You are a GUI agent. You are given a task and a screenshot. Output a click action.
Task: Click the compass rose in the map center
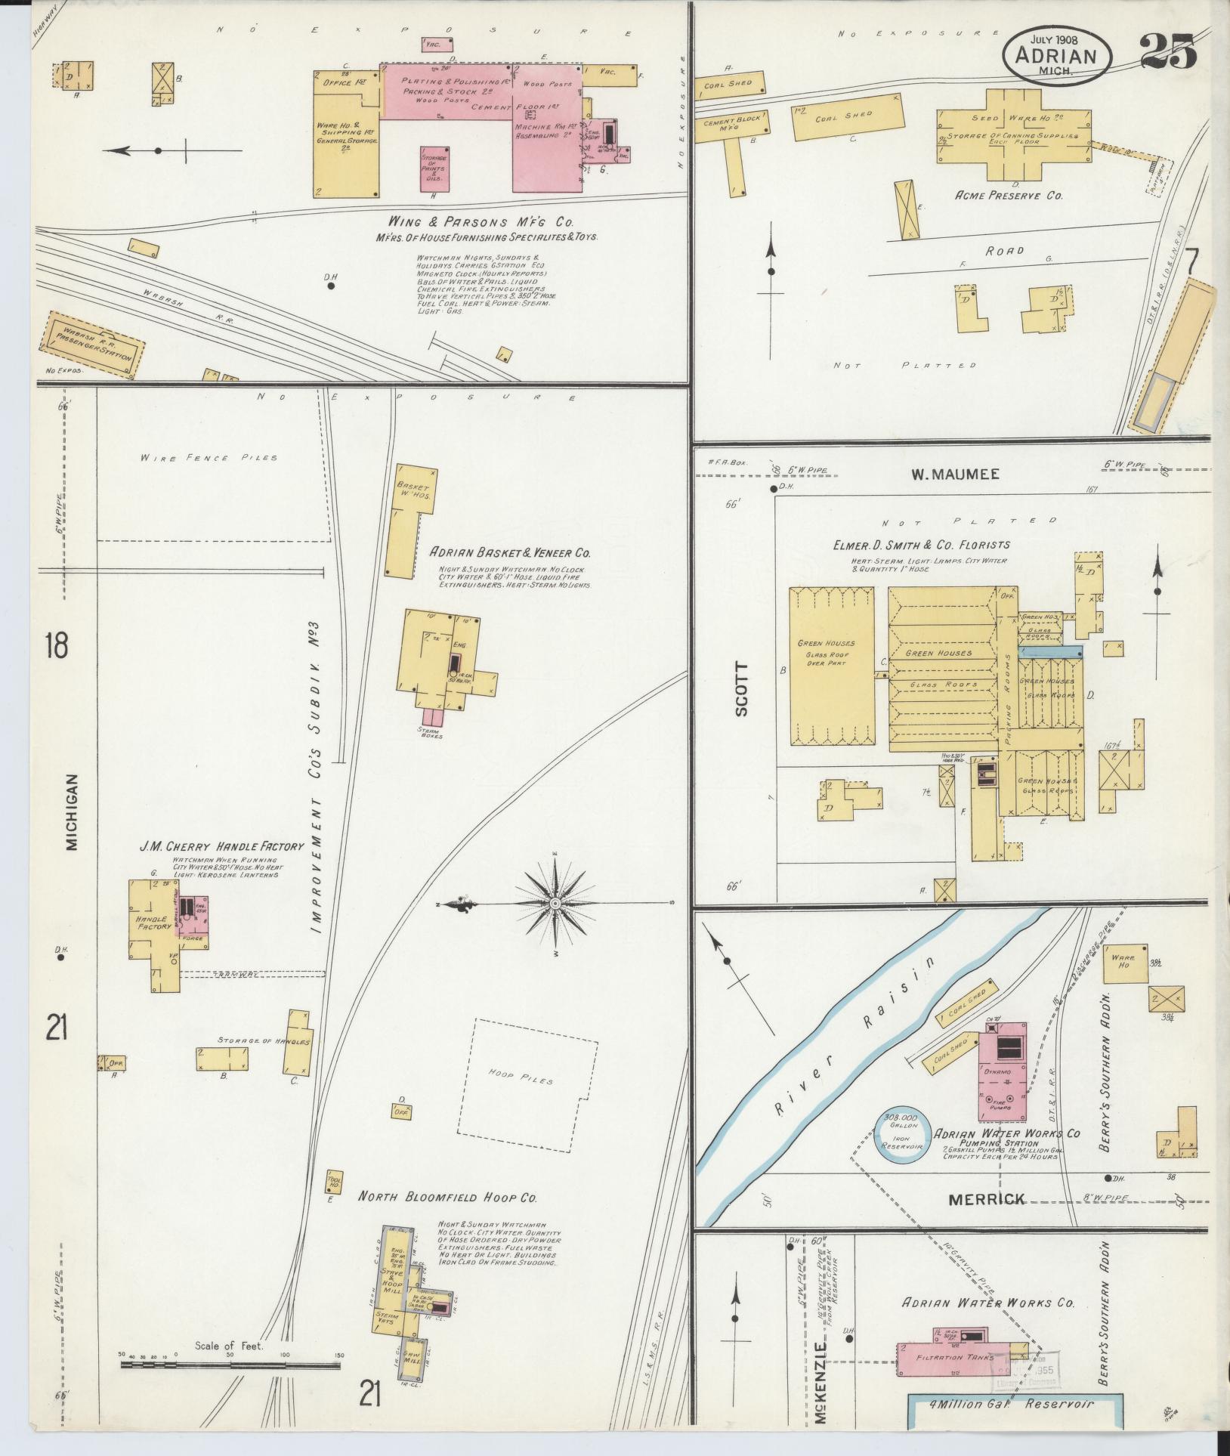click(556, 904)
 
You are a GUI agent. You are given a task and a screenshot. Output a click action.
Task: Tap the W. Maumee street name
click(955, 475)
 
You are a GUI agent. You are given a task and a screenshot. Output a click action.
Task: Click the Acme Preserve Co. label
click(1009, 195)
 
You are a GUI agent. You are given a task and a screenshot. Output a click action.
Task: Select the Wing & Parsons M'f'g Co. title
click(481, 223)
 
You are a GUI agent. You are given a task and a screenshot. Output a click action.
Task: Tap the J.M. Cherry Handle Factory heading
click(221, 846)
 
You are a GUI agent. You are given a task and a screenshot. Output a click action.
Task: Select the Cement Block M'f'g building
click(730, 125)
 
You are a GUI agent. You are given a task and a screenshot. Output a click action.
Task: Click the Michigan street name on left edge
click(73, 812)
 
